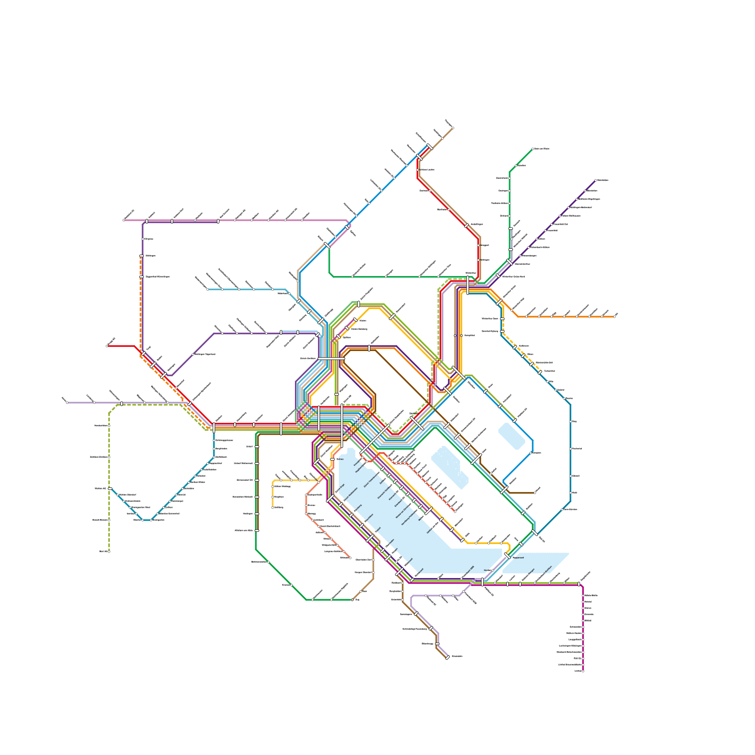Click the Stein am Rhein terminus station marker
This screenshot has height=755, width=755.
tap(533, 149)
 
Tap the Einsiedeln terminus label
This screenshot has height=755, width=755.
tap(457, 656)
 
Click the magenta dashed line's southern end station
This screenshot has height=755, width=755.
tap(583, 671)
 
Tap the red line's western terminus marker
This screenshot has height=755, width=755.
tap(107, 346)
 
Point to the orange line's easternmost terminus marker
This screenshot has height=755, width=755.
tap(614, 317)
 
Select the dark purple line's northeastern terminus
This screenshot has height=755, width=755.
tap(596, 180)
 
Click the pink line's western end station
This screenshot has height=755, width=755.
tap(124, 220)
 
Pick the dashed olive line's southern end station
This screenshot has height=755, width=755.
tap(109, 551)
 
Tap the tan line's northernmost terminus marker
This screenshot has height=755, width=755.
tap(453, 128)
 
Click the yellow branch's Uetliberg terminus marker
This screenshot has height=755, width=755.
tap(273, 507)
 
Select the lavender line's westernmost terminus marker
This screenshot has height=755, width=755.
tap(67, 403)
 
